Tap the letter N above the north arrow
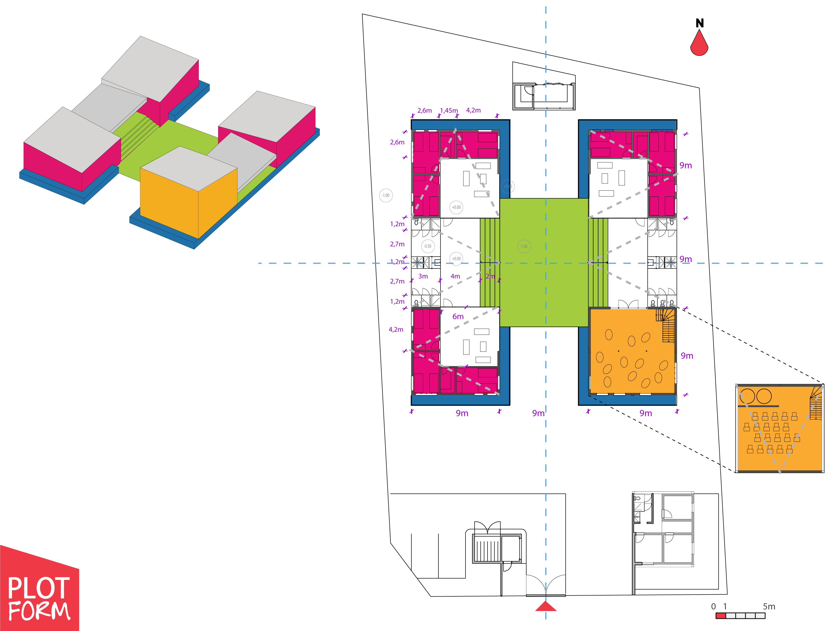tap(699, 23)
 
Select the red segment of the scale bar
tap(720, 616)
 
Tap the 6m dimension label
tap(458, 317)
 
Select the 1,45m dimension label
tap(449, 110)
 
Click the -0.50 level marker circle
tap(428, 246)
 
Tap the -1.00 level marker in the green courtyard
tap(524, 246)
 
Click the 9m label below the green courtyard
tap(538, 413)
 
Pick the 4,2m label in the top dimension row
tap(473, 110)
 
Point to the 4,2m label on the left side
tap(396, 329)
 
